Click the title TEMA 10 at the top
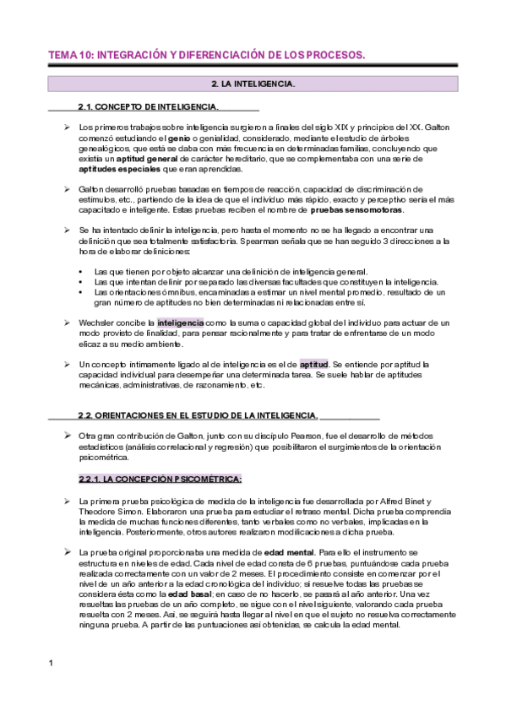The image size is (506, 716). point(207,55)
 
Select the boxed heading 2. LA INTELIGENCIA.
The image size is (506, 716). point(253,84)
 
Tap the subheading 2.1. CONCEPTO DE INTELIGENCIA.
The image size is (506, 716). point(147,107)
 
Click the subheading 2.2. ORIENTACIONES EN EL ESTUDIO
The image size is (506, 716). point(198,415)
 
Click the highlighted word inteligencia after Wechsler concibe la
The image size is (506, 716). point(180,323)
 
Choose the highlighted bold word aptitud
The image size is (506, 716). point(313,364)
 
